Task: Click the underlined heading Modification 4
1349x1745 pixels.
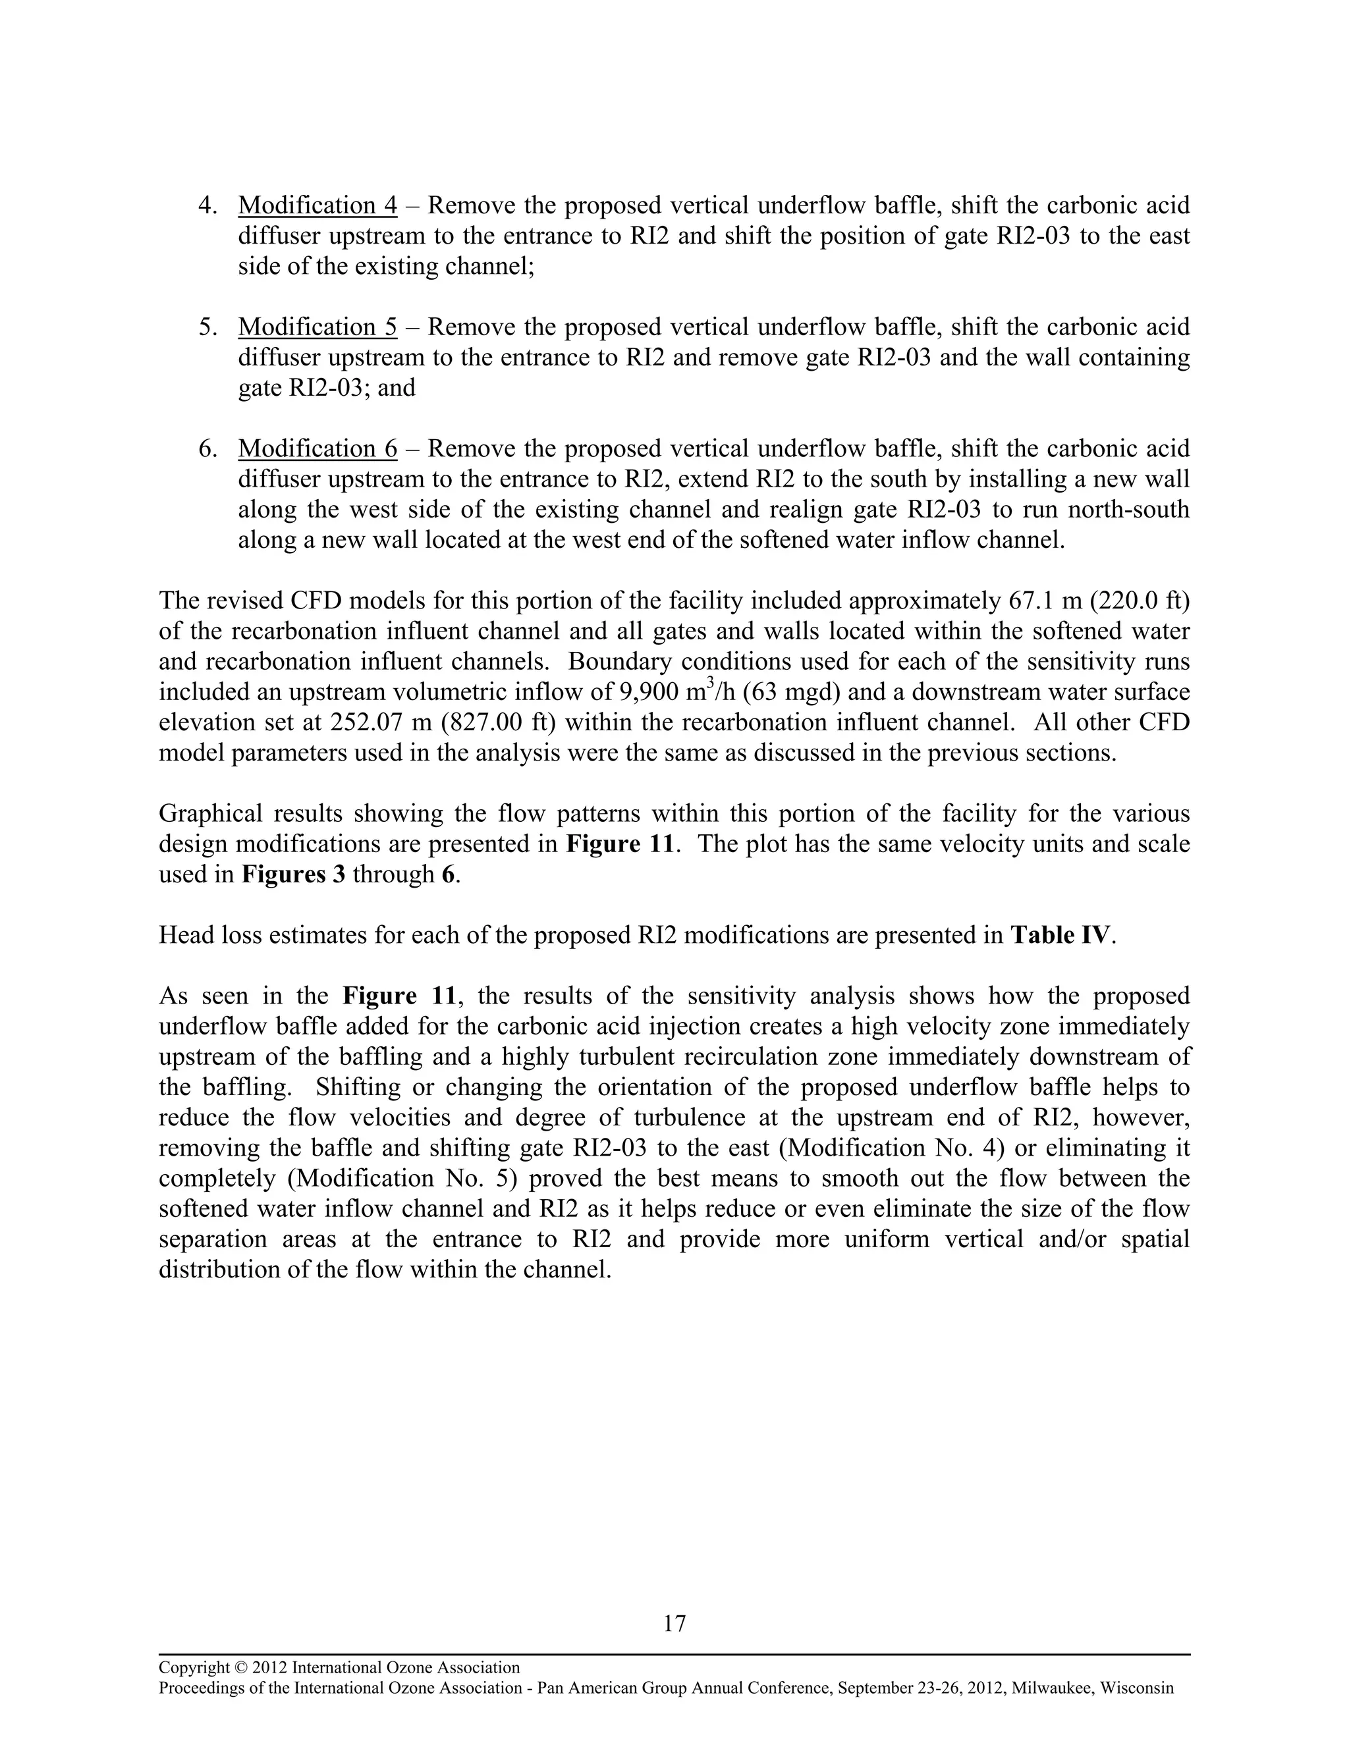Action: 317,205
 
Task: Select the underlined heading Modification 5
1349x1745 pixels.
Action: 317,327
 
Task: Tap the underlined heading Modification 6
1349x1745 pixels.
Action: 317,448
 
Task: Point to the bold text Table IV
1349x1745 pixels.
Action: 1060,935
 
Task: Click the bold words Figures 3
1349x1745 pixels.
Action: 293,874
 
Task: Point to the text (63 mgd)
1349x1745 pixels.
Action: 787,692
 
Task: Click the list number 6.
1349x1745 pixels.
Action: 207,448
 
